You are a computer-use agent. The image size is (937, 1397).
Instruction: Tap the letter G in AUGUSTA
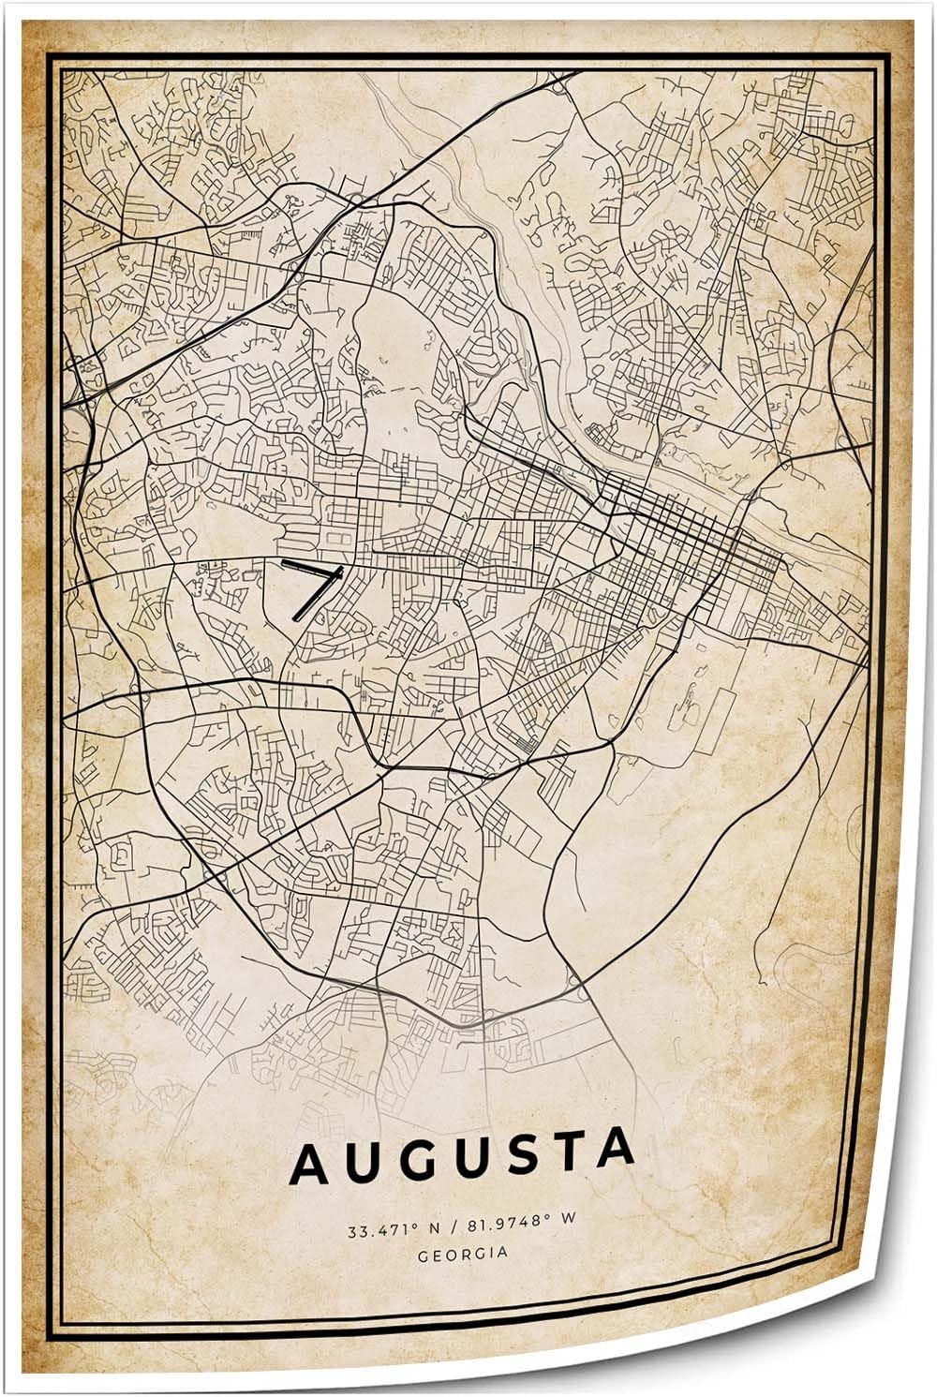[x=410, y=1162]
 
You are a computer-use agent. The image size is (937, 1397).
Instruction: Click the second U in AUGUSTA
[x=461, y=1160]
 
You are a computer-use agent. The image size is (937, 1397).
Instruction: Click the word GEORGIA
[x=465, y=1253]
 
